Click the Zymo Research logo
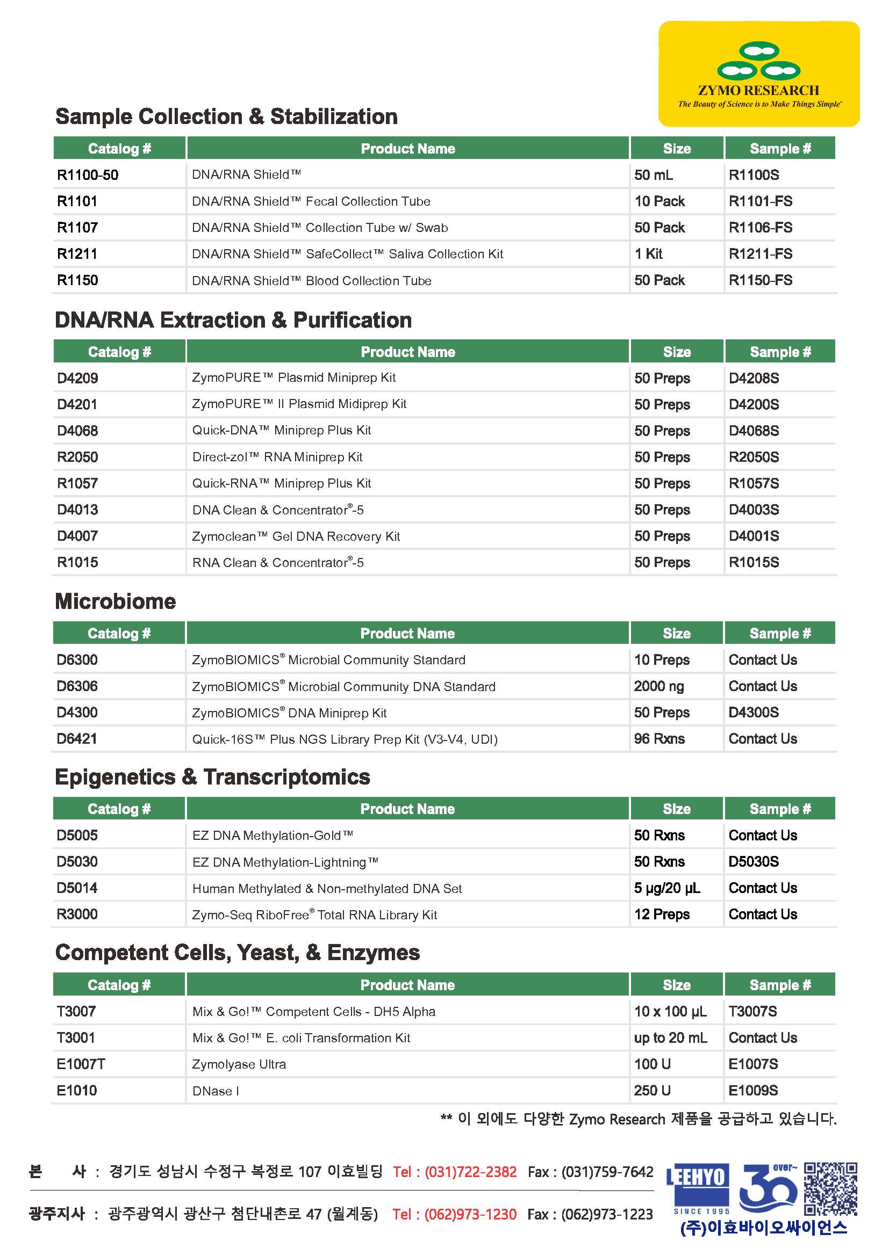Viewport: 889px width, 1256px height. coord(759,74)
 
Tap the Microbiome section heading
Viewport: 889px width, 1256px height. coord(116,601)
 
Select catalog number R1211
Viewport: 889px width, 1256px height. coord(77,254)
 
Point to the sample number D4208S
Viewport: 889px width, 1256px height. coord(754,378)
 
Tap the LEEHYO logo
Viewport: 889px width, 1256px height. coord(698,1187)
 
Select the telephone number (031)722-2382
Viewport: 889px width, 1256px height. coord(470,1172)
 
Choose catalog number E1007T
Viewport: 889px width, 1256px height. coord(81,1064)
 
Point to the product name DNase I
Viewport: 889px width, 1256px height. coord(216,1091)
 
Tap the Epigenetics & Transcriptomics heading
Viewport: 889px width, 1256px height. coord(212,777)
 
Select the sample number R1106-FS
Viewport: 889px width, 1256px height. coord(761,228)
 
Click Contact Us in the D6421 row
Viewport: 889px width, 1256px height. coord(763,738)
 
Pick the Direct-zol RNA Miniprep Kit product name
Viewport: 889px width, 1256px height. coord(277,457)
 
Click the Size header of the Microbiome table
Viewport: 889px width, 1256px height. coord(677,633)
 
